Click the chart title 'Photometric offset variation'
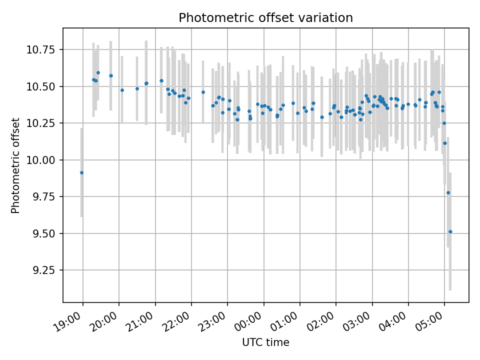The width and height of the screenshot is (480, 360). point(265,18)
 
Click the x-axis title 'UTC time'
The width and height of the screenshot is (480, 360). point(265,342)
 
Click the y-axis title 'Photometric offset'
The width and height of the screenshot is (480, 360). point(15,165)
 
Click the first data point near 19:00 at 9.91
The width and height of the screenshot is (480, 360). point(81,173)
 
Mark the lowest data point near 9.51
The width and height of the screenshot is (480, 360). point(450,231)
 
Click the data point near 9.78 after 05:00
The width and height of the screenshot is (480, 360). point(448,192)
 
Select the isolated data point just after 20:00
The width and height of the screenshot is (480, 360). point(122,90)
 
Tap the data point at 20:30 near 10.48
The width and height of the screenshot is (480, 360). point(137,88)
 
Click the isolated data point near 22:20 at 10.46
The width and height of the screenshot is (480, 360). point(203,92)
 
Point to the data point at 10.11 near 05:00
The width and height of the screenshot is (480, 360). point(445,143)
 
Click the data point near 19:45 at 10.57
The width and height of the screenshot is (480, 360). point(111,75)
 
